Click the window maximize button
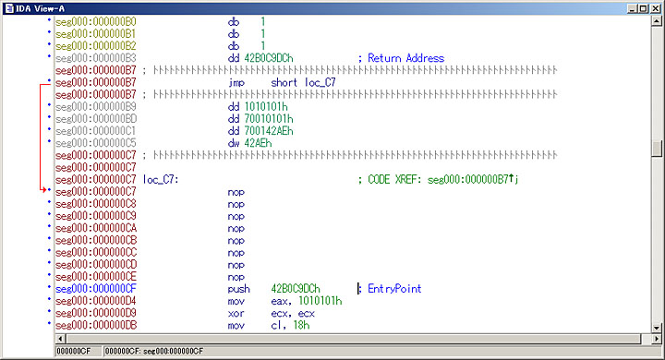click(642, 8)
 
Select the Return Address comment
click(405, 58)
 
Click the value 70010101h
click(266, 118)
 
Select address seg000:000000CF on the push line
click(96, 289)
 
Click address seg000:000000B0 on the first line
click(96, 20)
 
